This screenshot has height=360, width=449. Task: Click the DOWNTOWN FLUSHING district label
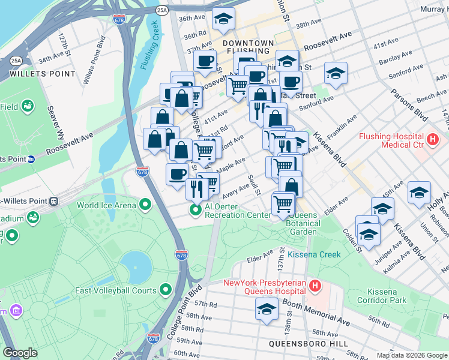(x=248, y=49)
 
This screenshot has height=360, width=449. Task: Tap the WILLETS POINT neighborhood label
(x=42, y=74)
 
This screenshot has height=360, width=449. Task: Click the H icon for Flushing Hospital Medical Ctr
(x=432, y=140)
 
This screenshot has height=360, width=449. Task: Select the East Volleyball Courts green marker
(x=166, y=291)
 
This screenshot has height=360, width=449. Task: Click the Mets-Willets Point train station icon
(x=54, y=201)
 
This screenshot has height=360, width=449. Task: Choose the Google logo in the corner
(x=20, y=353)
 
